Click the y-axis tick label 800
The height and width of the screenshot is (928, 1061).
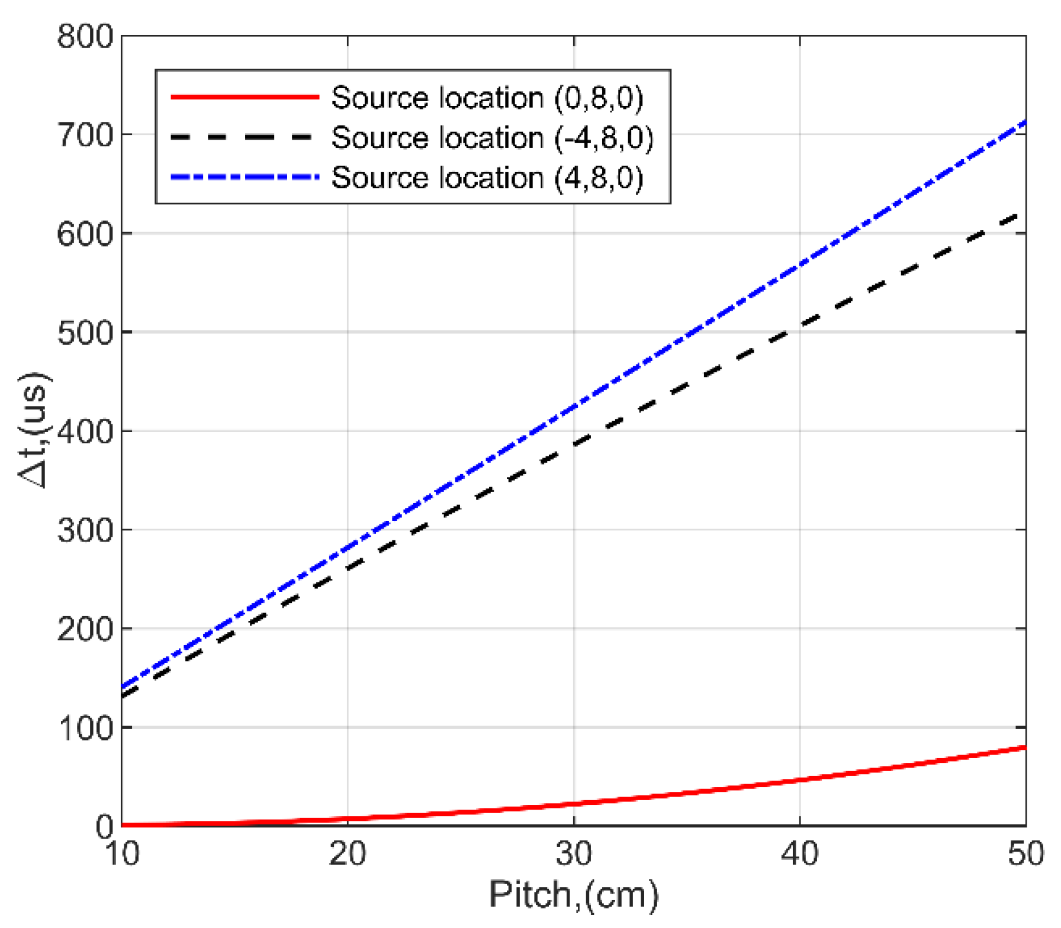[x=85, y=37]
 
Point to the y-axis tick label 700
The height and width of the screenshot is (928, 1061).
[x=85, y=136]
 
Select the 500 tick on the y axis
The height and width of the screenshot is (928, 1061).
[x=85, y=333]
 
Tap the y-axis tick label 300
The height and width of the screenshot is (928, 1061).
[x=85, y=531]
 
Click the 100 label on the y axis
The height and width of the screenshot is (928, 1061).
[x=85, y=728]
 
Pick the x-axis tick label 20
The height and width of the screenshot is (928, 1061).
[x=348, y=854]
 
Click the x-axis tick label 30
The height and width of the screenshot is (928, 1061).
[x=574, y=854]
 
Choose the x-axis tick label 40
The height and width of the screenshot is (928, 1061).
[x=800, y=854]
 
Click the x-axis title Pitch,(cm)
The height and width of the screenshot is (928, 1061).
[x=573, y=894]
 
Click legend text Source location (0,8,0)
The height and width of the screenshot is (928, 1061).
[x=487, y=98]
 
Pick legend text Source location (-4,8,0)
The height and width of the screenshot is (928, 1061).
[x=492, y=138]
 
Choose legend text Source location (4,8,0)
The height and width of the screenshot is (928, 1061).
[x=487, y=178]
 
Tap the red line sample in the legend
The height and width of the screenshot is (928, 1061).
[x=245, y=97]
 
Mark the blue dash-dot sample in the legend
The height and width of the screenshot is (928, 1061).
[x=245, y=177]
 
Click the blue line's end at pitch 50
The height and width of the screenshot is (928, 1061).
[x=1025, y=123]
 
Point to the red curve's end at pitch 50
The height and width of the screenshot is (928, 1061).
[x=1025, y=747]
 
